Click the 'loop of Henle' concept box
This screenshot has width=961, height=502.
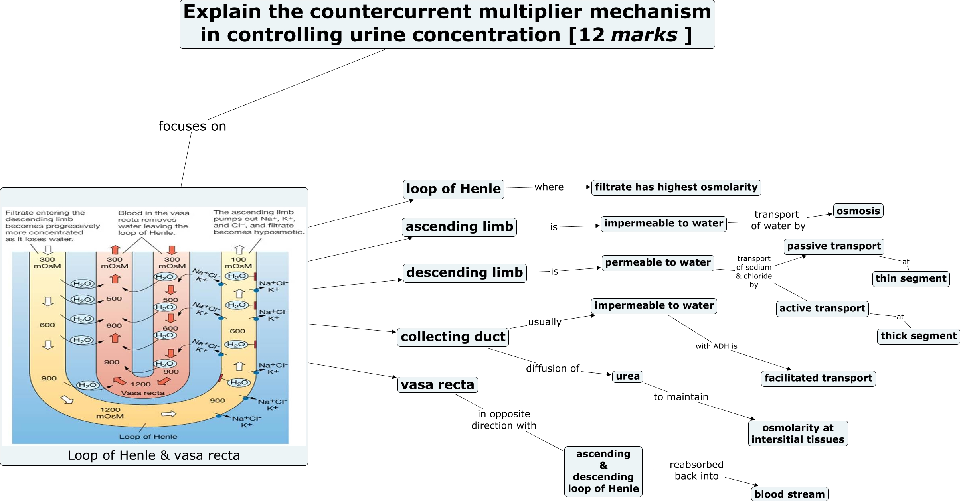click(453, 189)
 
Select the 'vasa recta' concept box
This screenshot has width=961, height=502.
click(437, 385)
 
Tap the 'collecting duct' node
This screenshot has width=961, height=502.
click(453, 337)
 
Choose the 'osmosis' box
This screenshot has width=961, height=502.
click(858, 211)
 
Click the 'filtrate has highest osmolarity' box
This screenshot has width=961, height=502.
click(676, 187)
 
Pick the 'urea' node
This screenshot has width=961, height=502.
click(627, 376)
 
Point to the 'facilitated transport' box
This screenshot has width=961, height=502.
click(818, 378)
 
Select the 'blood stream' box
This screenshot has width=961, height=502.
click(789, 494)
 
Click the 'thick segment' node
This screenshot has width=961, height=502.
click(918, 336)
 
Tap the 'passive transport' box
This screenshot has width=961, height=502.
click(834, 246)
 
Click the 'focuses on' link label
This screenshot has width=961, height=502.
click(192, 126)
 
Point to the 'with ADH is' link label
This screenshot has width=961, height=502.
click(716, 346)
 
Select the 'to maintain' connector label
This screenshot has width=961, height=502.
click(681, 397)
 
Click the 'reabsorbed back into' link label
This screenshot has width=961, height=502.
click(696, 471)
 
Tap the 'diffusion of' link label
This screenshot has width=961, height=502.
click(552, 369)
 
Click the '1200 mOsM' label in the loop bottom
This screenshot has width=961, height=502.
click(110, 413)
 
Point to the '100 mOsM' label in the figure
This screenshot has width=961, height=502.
click(238, 263)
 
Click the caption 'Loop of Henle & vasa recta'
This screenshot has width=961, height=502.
click(154, 455)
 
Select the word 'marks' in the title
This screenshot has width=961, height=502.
click(644, 35)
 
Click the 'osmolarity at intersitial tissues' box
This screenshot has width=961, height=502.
click(798, 434)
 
